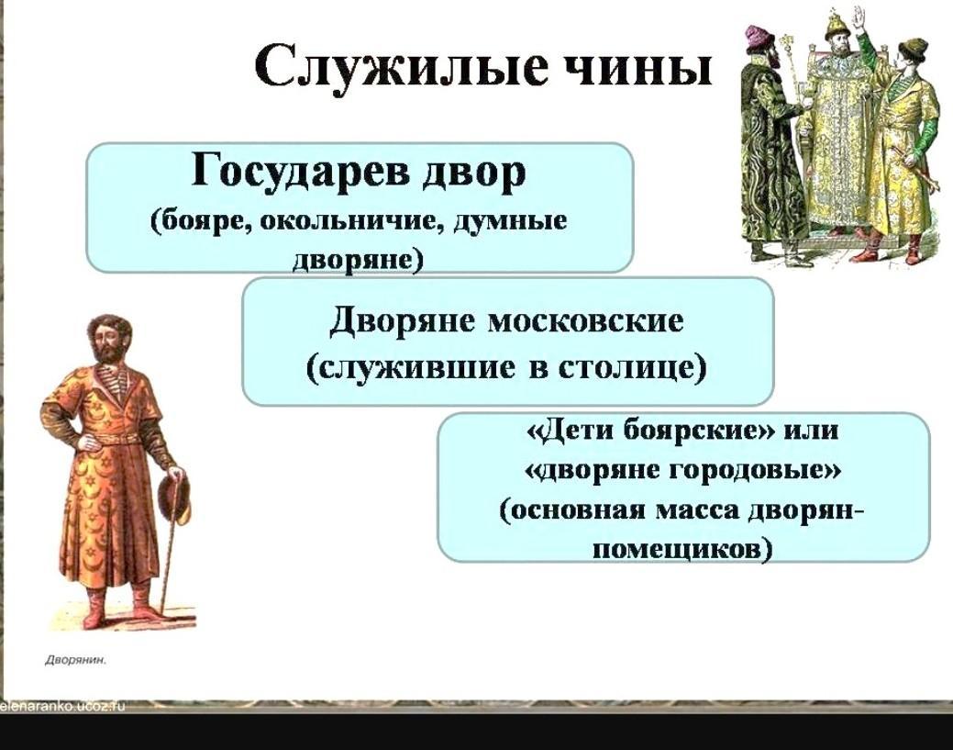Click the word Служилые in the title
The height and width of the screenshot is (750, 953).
tap(399, 65)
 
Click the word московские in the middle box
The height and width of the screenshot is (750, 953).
tap(585, 320)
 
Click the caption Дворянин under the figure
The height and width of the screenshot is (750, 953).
tap(75, 660)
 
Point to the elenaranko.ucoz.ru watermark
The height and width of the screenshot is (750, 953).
tap(62, 706)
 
